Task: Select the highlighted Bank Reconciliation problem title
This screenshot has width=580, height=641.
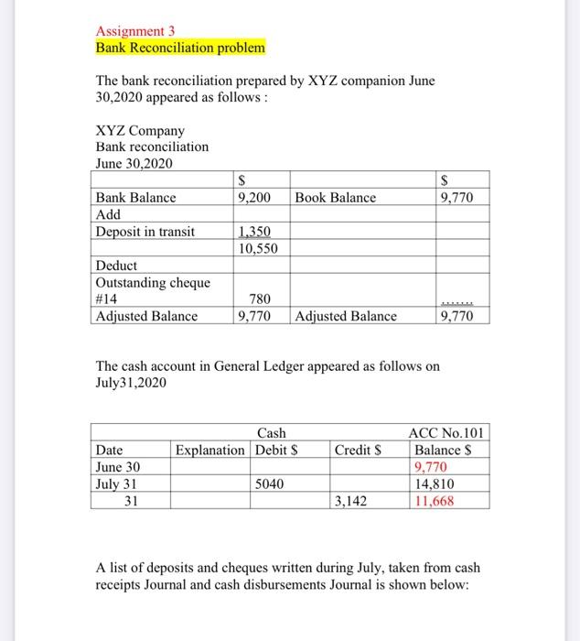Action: (180, 46)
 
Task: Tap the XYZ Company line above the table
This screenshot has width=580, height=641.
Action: (140, 131)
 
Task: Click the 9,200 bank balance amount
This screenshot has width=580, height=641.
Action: (253, 197)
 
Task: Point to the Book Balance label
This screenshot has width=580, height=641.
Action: (335, 197)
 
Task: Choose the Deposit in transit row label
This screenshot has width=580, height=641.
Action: (145, 232)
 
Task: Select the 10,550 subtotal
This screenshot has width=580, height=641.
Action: (257, 248)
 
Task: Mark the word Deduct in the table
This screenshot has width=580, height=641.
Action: (116, 266)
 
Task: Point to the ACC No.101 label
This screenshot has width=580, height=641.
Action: (448, 433)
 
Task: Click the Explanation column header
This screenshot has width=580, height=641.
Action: (210, 450)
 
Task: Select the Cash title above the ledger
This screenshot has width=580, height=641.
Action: (271, 433)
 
